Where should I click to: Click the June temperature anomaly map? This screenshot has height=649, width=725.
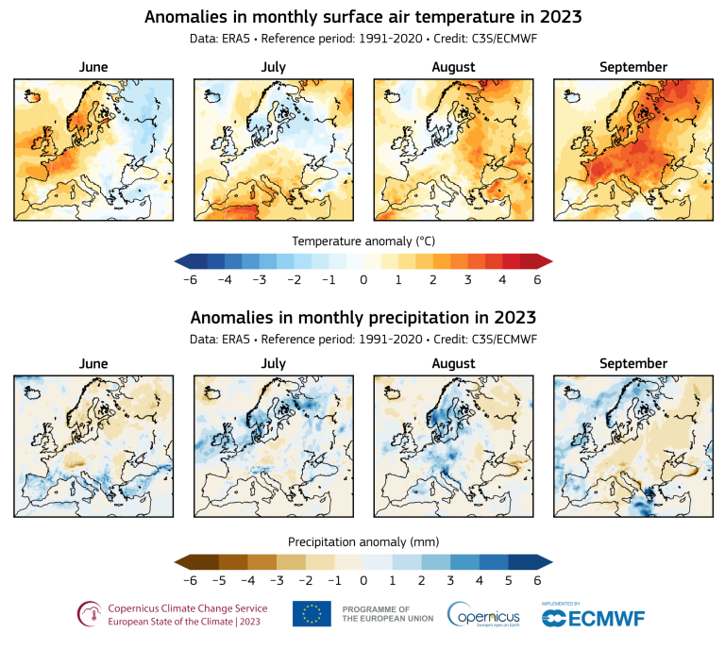[x=93, y=149]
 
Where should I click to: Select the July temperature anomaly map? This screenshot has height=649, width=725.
[x=273, y=149]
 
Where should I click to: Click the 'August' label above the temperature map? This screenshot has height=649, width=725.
[x=453, y=67]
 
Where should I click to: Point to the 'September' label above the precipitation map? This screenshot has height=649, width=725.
[x=632, y=363]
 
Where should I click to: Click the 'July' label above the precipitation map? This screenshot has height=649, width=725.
[x=273, y=363]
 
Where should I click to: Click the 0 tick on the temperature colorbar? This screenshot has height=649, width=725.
[x=363, y=280]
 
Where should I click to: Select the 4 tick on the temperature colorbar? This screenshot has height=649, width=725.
[x=501, y=280]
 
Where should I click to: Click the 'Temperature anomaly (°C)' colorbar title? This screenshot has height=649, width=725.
[x=362, y=240]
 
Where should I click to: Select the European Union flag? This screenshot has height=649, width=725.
[x=312, y=613]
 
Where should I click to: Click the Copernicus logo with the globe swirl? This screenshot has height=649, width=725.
[x=482, y=614]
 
